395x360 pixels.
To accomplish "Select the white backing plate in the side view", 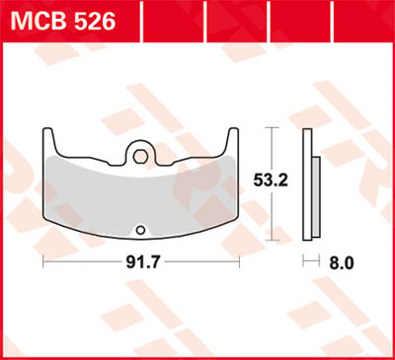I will point(308,183).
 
